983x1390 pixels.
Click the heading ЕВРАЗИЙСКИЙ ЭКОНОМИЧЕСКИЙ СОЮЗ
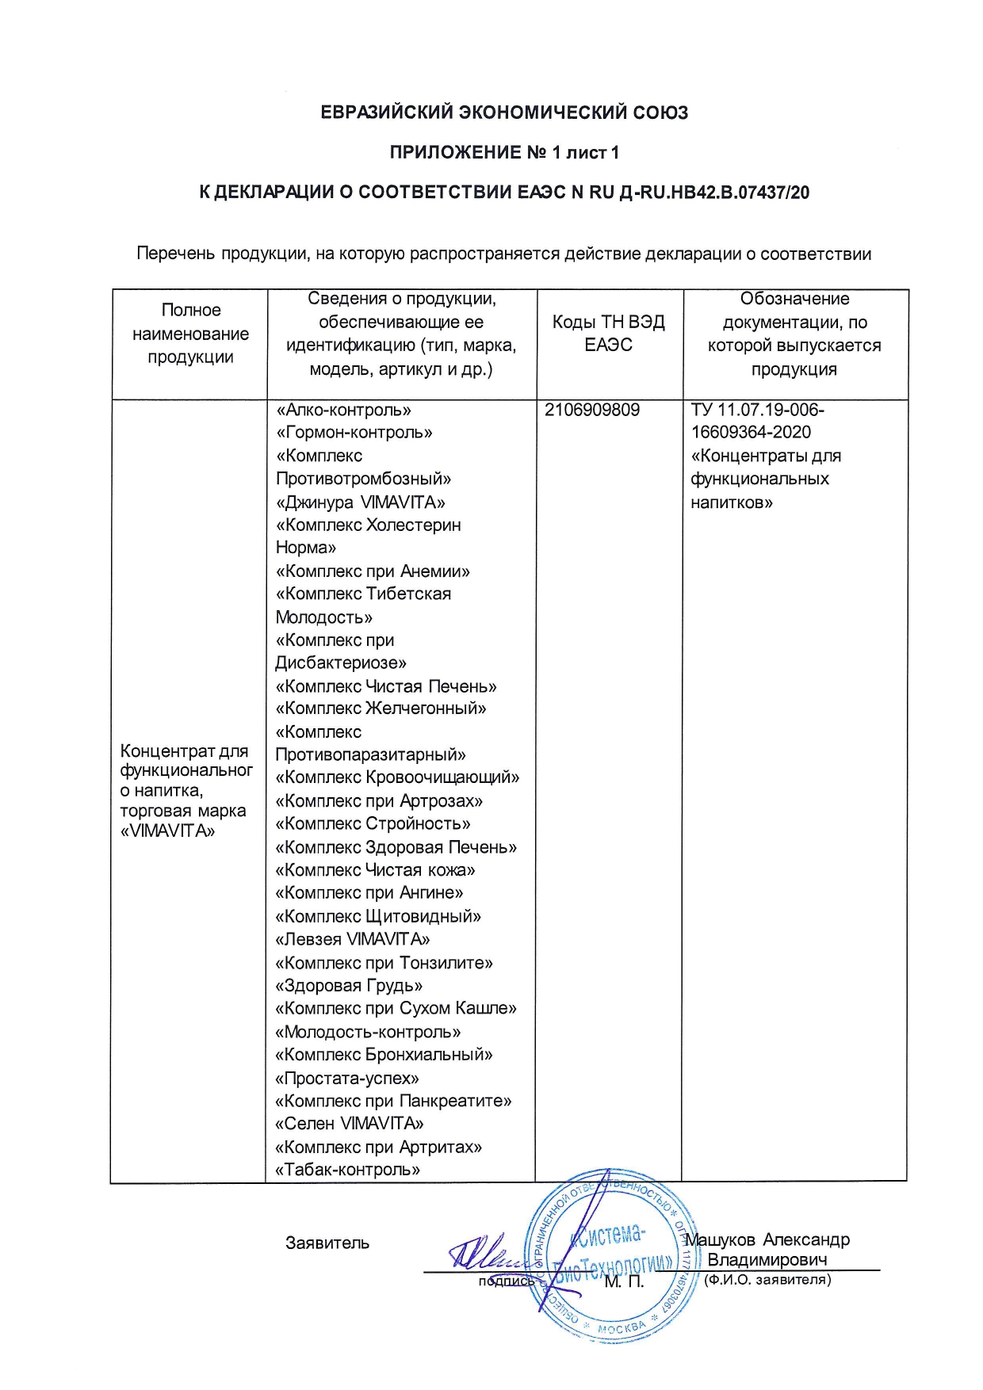pyautogui.click(x=504, y=113)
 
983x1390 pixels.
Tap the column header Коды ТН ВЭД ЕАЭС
pyautogui.click(x=609, y=333)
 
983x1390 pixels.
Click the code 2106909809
pyautogui.click(x=592, y=411)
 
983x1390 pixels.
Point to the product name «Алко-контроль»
pyautogui.click(x=343, y=411)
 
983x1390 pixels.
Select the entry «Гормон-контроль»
pyautogui.click(x=354, y=433)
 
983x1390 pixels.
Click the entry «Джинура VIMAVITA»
pyautogui.click(x=360, y=502)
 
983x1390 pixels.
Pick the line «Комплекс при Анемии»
pyautogui.click(x=373, y=571)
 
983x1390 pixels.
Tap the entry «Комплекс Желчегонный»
pyautogui.click(x=381, y=708)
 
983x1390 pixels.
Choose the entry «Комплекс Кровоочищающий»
pyautogui.click(x=397, y=777)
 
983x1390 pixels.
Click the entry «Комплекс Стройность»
pyautogui.click(x=373, y=824)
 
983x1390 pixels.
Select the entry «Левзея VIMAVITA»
pyautogui.click(x=353, y=940)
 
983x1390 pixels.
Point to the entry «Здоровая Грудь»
pyautogui.click(x=349, y=986)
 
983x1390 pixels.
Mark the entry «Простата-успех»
pyautogui.click(x=347, y=1079)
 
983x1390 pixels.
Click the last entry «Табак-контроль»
pyautogui.click(x=347, y=1170)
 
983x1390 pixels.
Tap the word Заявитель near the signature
pyautogui.click(x=327, y=1243)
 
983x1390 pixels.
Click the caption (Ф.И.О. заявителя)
pyautogui.click(x=767, y=1279)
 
